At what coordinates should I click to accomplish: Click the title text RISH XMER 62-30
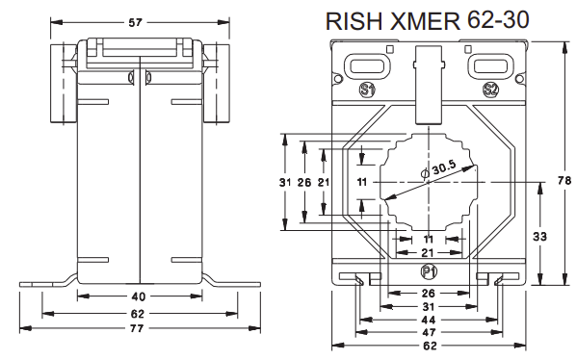[428, 20]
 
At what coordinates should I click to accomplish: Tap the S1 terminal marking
[367, 90]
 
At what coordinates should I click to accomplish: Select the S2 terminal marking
[490, 90]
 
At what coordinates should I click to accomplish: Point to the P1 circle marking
[429, 272]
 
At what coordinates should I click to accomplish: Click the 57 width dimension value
[135, 22]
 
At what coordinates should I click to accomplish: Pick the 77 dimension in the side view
[136, 328]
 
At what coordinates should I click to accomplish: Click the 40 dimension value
[139, 296]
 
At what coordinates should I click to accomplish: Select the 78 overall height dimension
[564, 181]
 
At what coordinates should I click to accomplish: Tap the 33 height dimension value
[539, 237]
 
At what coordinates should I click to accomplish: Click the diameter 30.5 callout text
[438, 169]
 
